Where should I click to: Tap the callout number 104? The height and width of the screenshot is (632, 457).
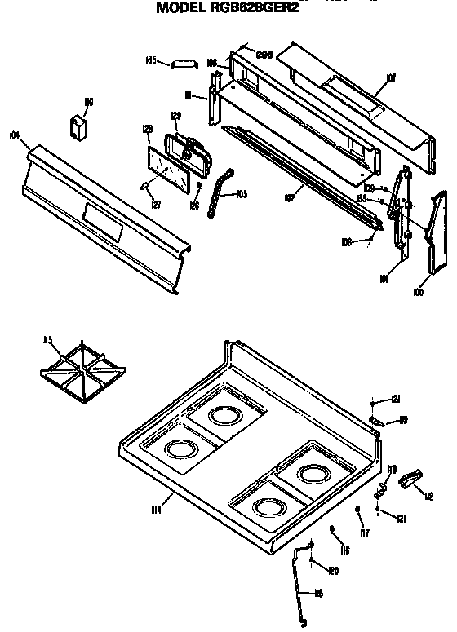14,135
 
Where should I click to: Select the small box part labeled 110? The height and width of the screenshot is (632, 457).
79,129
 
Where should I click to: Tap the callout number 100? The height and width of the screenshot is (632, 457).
419,291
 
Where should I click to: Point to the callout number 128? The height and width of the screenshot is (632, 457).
148,129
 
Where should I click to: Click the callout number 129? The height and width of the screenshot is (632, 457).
175,115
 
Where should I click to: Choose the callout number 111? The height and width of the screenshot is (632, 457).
189,95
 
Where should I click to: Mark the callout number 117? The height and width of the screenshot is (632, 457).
365,535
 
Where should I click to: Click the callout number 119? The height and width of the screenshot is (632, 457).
402,422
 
